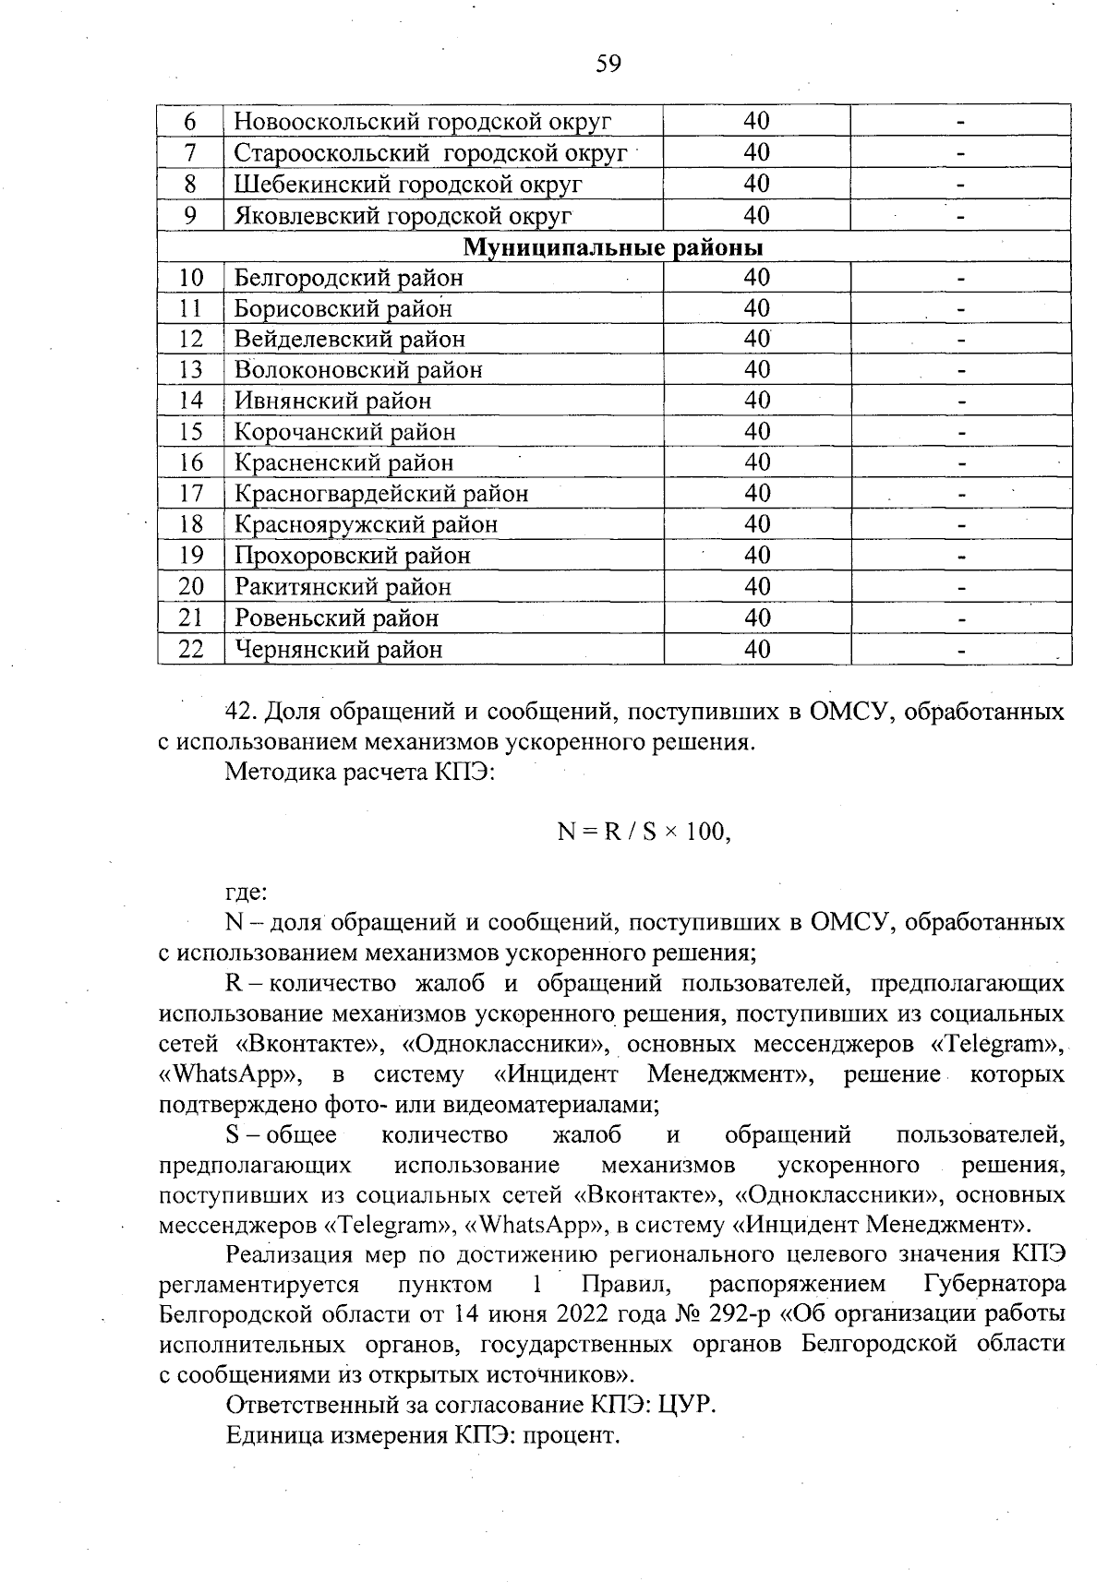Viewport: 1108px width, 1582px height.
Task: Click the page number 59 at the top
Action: coord(608,64)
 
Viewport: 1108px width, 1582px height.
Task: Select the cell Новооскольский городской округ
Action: coord(423,121)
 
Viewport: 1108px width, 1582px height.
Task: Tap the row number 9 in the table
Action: coord(190,215)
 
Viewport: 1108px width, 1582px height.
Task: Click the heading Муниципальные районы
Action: coord(613,247)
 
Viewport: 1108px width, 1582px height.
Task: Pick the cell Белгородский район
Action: coord(348,278)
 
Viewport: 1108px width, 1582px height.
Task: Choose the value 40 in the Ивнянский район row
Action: coord(757,401)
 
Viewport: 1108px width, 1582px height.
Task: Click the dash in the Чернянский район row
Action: coord(960,651)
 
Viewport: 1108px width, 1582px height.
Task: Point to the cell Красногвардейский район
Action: coord(381,494)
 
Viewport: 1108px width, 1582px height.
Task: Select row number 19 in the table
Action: coord(190,556)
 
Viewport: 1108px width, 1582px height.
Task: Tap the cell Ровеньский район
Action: coord(336,617)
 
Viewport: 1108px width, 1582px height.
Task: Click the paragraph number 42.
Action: coord(242,712)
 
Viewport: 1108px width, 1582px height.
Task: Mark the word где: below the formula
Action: coord(247,893)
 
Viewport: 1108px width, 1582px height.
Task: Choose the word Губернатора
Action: coord(994,1284)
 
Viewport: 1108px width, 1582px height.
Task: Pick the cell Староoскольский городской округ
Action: coord(430,152)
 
